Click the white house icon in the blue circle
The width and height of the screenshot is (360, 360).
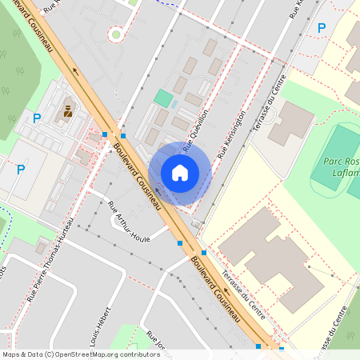click(180, 173)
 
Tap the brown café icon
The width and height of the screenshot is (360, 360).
click(67, 112)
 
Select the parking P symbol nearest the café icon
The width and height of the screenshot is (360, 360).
click(37, 118)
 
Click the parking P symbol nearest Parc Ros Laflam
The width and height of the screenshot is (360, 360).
click(322, 29)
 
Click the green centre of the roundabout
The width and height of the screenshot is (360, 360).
click(117, 34)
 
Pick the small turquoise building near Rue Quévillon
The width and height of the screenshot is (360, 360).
click(163, 98)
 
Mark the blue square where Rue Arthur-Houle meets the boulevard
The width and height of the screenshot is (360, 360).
click(180, 243)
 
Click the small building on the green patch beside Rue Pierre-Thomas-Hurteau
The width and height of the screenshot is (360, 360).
click(40, 248)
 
